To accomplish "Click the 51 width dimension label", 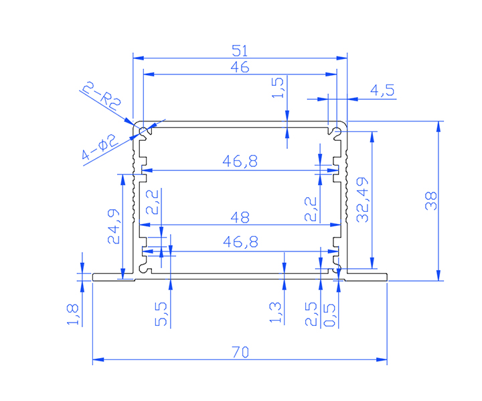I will tap(240, 50).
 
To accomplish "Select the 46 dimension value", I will tap(240, 67).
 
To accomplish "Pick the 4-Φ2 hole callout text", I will tap(99, 150).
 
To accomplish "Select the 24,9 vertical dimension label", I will tap(114, 227).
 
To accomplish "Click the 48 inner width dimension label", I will tap(240, 217).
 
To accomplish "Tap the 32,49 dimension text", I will tap(362, 199).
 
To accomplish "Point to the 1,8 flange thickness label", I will tap(73, 315).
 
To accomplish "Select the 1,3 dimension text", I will tap(276, 312).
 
